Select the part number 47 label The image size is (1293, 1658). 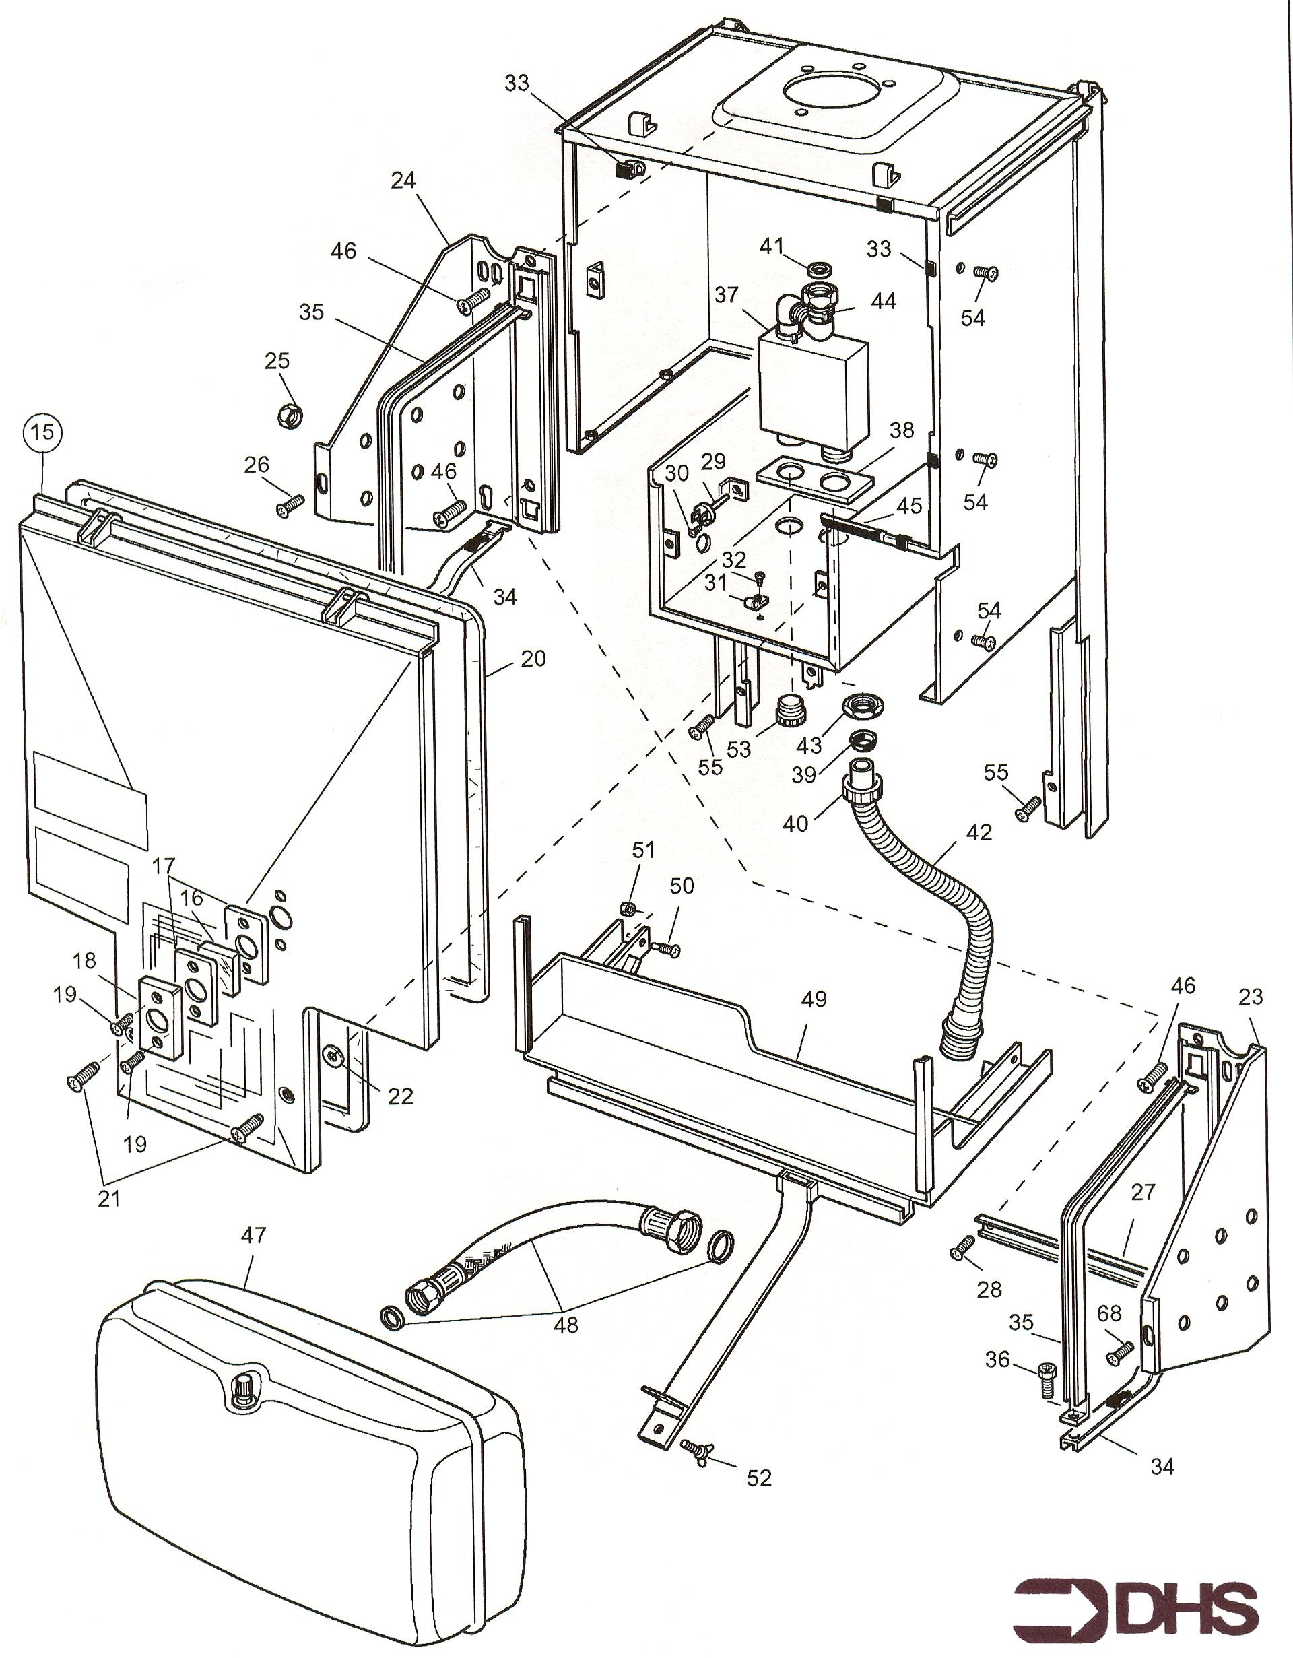(x=254, y=1236)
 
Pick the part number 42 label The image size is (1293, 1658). (x=979, y=833)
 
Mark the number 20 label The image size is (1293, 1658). (x=533, y=658)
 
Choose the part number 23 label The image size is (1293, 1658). (x=1251, y=997)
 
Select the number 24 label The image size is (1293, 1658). (x=403, y=180)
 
